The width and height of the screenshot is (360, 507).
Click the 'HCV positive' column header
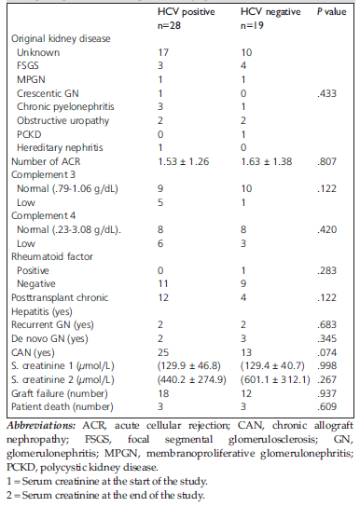tap(186, 12)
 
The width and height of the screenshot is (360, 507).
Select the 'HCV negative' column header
tap(270, 12)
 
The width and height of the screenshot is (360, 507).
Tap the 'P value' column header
tap(331, 12)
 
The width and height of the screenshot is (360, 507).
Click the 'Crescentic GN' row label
tap(48, 93)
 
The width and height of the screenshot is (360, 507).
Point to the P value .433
tap(326, 93)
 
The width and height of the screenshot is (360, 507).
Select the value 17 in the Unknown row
tap(163, 52)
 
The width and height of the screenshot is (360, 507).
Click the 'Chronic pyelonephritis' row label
tap(65, 107)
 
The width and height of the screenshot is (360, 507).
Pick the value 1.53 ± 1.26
tap(184, 161)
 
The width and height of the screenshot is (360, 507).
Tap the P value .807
tap(326, 161)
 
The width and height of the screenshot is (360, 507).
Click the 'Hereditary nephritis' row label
tap(60, 148)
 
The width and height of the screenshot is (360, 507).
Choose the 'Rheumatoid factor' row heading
tap(52, 256)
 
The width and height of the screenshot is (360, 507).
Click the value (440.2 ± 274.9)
tap(192, 379)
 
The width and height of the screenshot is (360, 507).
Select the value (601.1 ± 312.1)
tap(275, 379)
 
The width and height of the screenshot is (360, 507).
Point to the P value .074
tap(326, 352)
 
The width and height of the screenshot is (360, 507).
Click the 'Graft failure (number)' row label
tap(60, 393)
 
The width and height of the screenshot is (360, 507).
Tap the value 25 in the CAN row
tap(163, 352)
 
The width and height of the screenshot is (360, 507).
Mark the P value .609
tap(326, 406)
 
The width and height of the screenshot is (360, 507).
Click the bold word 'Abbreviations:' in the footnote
tap(41, 425)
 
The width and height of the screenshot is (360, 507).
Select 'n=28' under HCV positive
tap(169, 25)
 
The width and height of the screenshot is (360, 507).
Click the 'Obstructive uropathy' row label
tap(63, 121)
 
